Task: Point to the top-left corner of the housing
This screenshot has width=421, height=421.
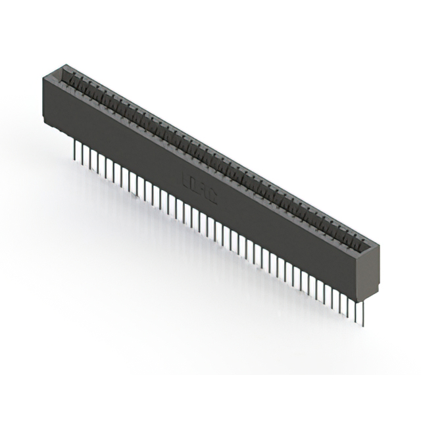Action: click(43, 76)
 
